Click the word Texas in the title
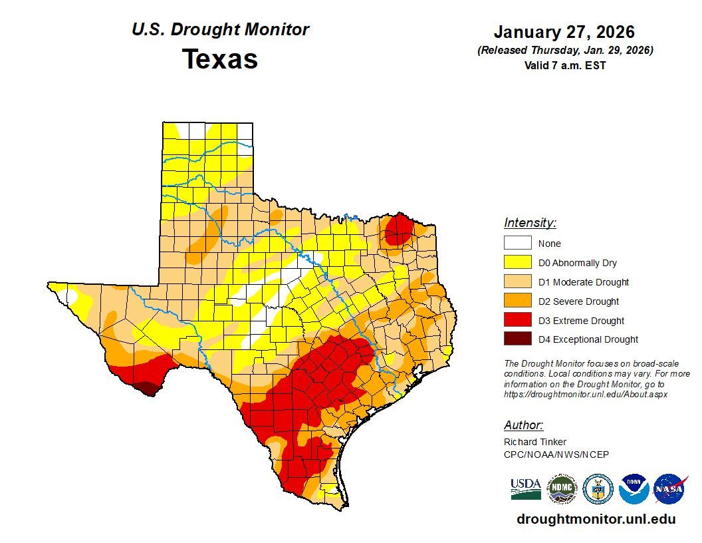pos(220,59)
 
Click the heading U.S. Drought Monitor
pos(220,30)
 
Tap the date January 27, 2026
pos(564,32)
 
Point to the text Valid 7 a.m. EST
pos(564,65)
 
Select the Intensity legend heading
pos(530,223)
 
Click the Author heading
pos(523,425)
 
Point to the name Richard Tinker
pos(535,442)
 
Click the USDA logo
pos(526,489)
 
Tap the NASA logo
pos(670,489)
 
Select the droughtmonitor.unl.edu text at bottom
pos(596,520)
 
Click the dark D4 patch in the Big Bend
pos(148,387)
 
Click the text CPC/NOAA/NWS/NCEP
pos(556,454)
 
